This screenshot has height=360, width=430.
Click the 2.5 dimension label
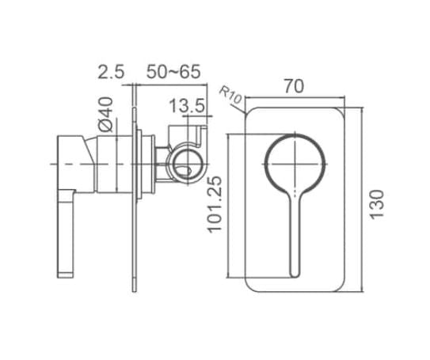111,72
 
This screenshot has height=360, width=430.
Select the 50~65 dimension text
172,72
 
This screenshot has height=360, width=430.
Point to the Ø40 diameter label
105,114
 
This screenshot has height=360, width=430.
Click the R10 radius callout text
230,95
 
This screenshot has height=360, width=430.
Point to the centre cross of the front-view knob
295,164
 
